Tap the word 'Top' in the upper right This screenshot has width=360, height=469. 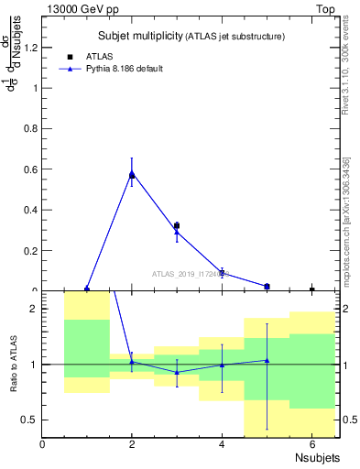pyautogui.click(x=325, y=9)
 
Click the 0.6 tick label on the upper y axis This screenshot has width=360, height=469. pyautogui.click(x=33, y=169)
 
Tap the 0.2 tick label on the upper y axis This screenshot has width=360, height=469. pyautogui.click(x=33, y=250)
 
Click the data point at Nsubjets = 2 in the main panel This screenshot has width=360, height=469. pyautogui.click(x=132, y=174)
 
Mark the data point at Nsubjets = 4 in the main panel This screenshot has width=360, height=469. pyautogui.click(x=222, y=273)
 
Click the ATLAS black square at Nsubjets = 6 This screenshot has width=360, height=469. pyautogui.click(x=311, y=289)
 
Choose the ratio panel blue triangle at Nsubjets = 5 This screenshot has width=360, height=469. pyautogui.click(x=267, y=360)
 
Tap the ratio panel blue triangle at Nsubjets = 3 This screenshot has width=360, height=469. pyautogui.click(x=177, y=372)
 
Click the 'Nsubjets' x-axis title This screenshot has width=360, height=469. pyautogui.click(x=317, y=458)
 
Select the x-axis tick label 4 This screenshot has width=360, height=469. pyautogui.click(x=222, y=445)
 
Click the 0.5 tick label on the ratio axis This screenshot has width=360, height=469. pyautogui.click(x=30, y=420)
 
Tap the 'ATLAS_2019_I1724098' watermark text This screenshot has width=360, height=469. pyautogui.click(x=193, y=273)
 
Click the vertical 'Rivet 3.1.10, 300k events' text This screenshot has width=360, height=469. pyautogui.click(x=345, y=70)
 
